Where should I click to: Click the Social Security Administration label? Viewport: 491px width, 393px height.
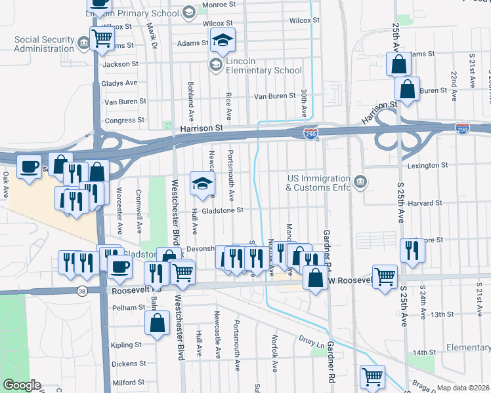[x=45, y=44]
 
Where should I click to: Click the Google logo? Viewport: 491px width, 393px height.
[x=22, y=385]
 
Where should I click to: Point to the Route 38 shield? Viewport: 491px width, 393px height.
[x=81, y=291]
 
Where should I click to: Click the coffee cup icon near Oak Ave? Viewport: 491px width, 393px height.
[x=28, y=166]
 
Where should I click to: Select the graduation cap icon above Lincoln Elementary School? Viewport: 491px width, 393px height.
[x=223, y=42]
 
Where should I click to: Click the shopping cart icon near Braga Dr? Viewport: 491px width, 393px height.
[x=372, y=377]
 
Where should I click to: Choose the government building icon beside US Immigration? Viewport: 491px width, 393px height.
[x=359, y=181]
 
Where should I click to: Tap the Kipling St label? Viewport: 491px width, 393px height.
[x=126, y=345]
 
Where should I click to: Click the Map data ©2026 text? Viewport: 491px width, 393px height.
[x=462, y=388]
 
